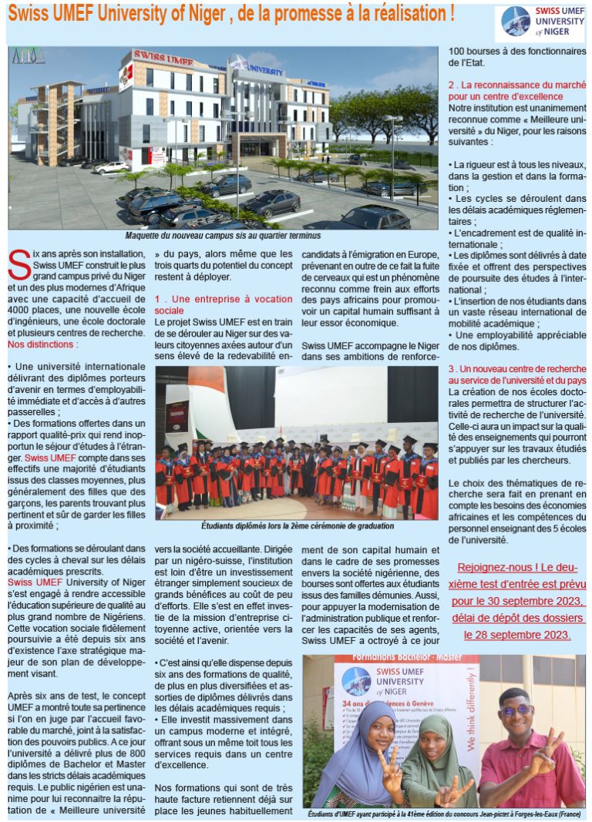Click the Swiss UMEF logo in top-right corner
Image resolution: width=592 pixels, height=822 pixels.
(540, 24)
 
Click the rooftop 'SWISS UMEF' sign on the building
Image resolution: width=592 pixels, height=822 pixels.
(166, 55)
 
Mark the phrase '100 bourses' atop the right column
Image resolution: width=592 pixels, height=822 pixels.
(473, 52)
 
